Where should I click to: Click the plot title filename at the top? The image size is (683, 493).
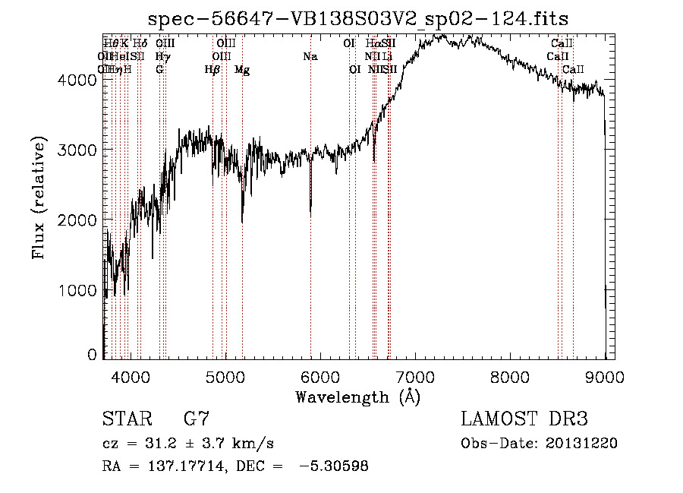[x=357, y=19]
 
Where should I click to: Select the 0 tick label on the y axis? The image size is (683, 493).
[x=92, y=355]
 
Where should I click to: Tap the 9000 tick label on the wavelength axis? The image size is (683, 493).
[x=604, y=376]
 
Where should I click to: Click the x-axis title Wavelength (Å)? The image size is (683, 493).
[x=357, y=397]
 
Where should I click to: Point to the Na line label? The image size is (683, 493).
[x=310, y=57]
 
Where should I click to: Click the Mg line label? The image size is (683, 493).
[x=242, y=70]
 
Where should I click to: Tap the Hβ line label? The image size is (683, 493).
[x=212, y=70]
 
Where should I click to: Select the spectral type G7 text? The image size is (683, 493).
[x=197, y=419]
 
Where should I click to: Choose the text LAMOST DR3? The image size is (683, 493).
[x=524, y=419]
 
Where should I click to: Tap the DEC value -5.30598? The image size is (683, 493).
[x=334, y=466]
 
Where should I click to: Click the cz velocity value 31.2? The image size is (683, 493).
[x=150, y=444]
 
